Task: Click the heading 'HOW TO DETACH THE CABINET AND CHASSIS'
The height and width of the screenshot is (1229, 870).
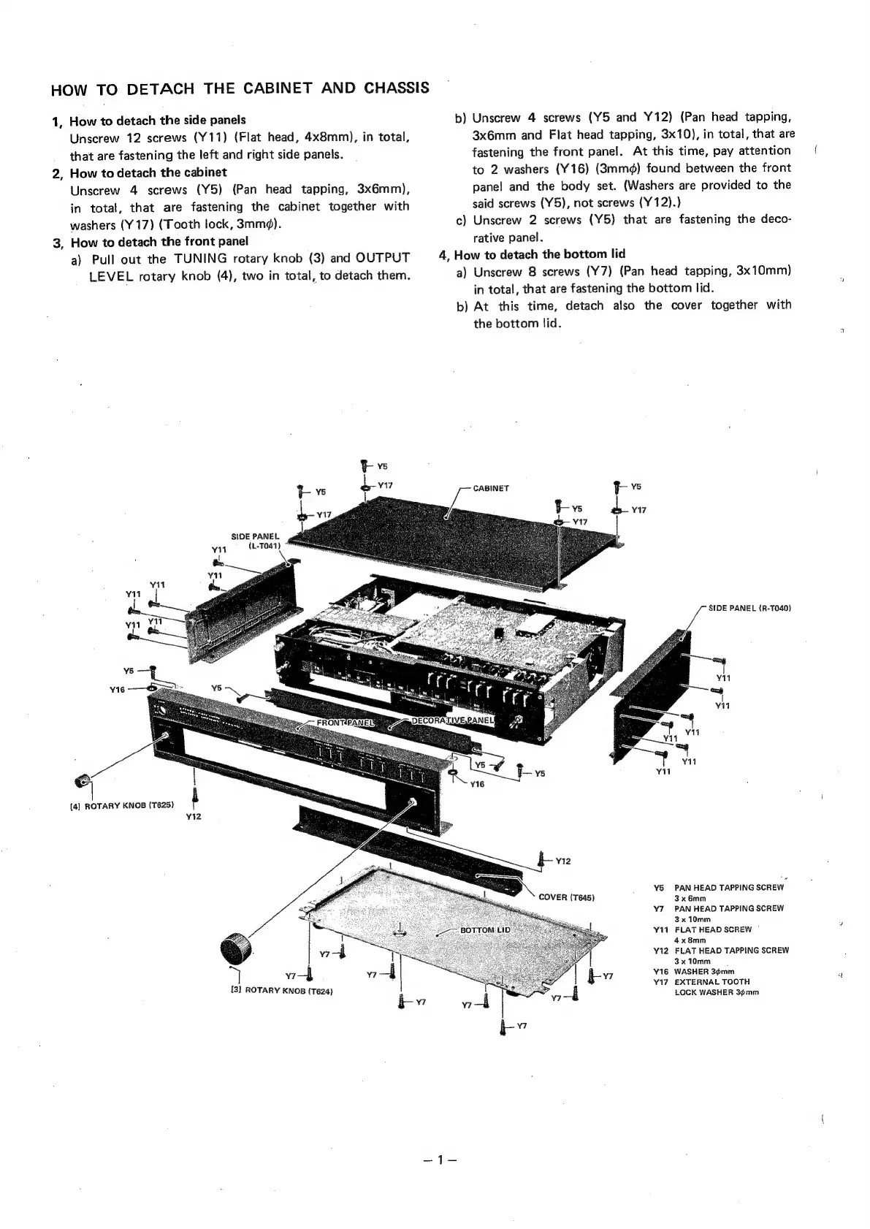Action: tap(240, 89)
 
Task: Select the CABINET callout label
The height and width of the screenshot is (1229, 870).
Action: tap(491, 487)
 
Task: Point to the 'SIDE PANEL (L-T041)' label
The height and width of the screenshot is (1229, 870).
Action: tap(255, 541)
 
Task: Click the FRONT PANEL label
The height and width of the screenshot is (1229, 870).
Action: tap(345, 723)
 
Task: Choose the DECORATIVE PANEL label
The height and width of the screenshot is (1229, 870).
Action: tap(453, 721)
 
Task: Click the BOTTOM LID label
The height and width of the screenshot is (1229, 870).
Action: tap(485, 929)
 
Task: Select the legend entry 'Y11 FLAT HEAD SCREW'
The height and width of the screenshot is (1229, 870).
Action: tap(703, 929)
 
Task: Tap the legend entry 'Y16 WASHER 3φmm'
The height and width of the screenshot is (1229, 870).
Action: tap(695, 972)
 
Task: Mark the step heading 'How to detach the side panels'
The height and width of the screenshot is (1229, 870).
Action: tap(157, 120)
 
